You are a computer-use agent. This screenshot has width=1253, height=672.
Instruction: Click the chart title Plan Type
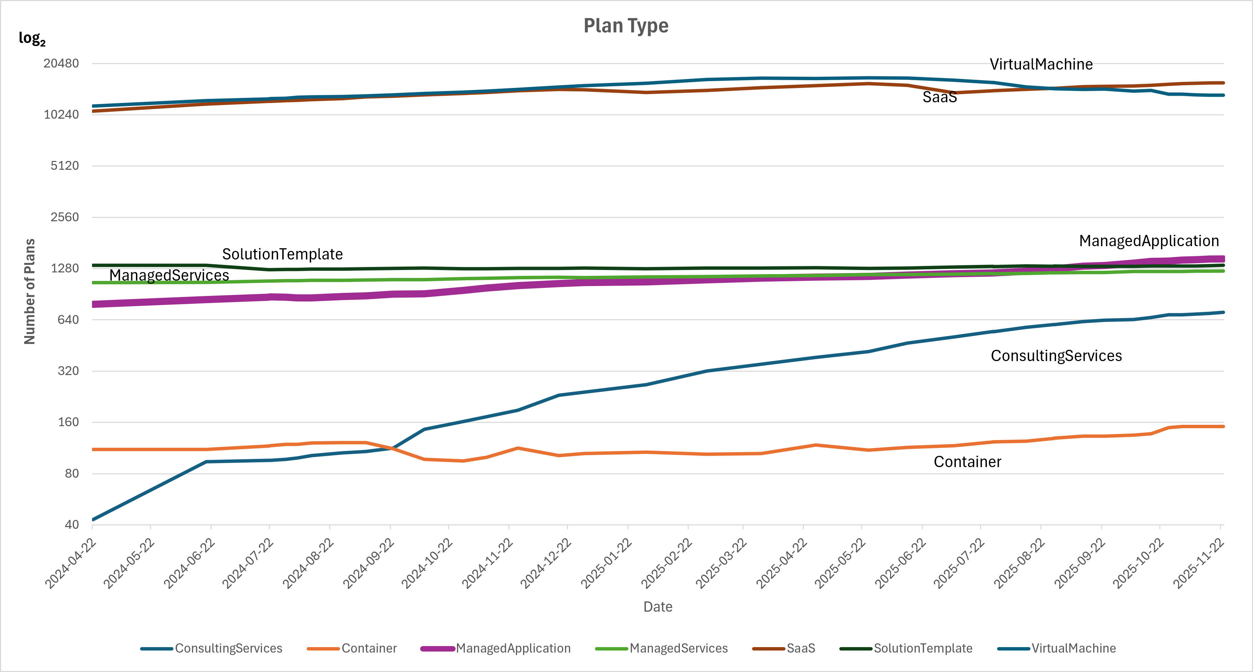[626, 26]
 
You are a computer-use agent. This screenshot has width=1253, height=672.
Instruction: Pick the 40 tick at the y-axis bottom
[72, 525]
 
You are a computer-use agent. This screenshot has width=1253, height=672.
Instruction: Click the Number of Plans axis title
[30, 291]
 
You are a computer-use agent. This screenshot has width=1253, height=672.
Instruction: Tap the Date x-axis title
[658, 607]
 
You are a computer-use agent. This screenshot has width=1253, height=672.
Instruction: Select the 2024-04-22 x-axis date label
[71, 564]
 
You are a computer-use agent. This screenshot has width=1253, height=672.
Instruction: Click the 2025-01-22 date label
[607, 564]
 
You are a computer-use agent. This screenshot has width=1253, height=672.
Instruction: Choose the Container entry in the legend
[369, 648]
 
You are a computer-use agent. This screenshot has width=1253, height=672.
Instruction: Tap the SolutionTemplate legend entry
[923, 648]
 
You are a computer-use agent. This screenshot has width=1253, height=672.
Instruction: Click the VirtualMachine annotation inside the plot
[1041, 64]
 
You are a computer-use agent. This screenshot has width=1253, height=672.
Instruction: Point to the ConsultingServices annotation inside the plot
[1056, 356]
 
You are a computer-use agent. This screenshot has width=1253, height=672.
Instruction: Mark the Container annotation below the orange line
[967, 462]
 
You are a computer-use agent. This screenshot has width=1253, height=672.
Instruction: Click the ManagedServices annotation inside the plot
[169, 275]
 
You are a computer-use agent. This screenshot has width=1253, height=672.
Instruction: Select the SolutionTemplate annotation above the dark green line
[282, 254]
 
